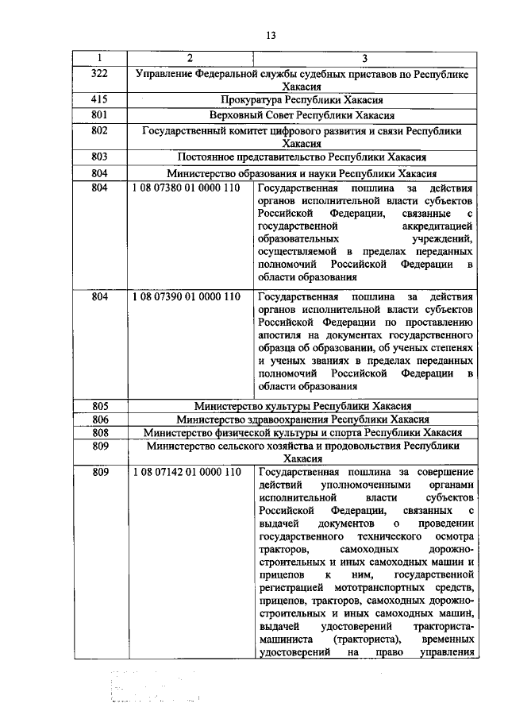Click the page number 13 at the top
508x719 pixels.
(270, 36)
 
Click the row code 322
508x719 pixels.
(100, 73)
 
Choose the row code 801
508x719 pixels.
(100, 115)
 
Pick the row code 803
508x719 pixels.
(100, 157)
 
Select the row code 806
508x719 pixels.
(100, 419)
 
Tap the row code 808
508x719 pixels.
(100, 433)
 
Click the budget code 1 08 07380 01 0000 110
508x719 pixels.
(187, 187)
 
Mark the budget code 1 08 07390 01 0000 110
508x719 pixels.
(187, 297)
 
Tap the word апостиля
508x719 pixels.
(279, 335)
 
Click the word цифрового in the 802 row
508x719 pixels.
(295, 130)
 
